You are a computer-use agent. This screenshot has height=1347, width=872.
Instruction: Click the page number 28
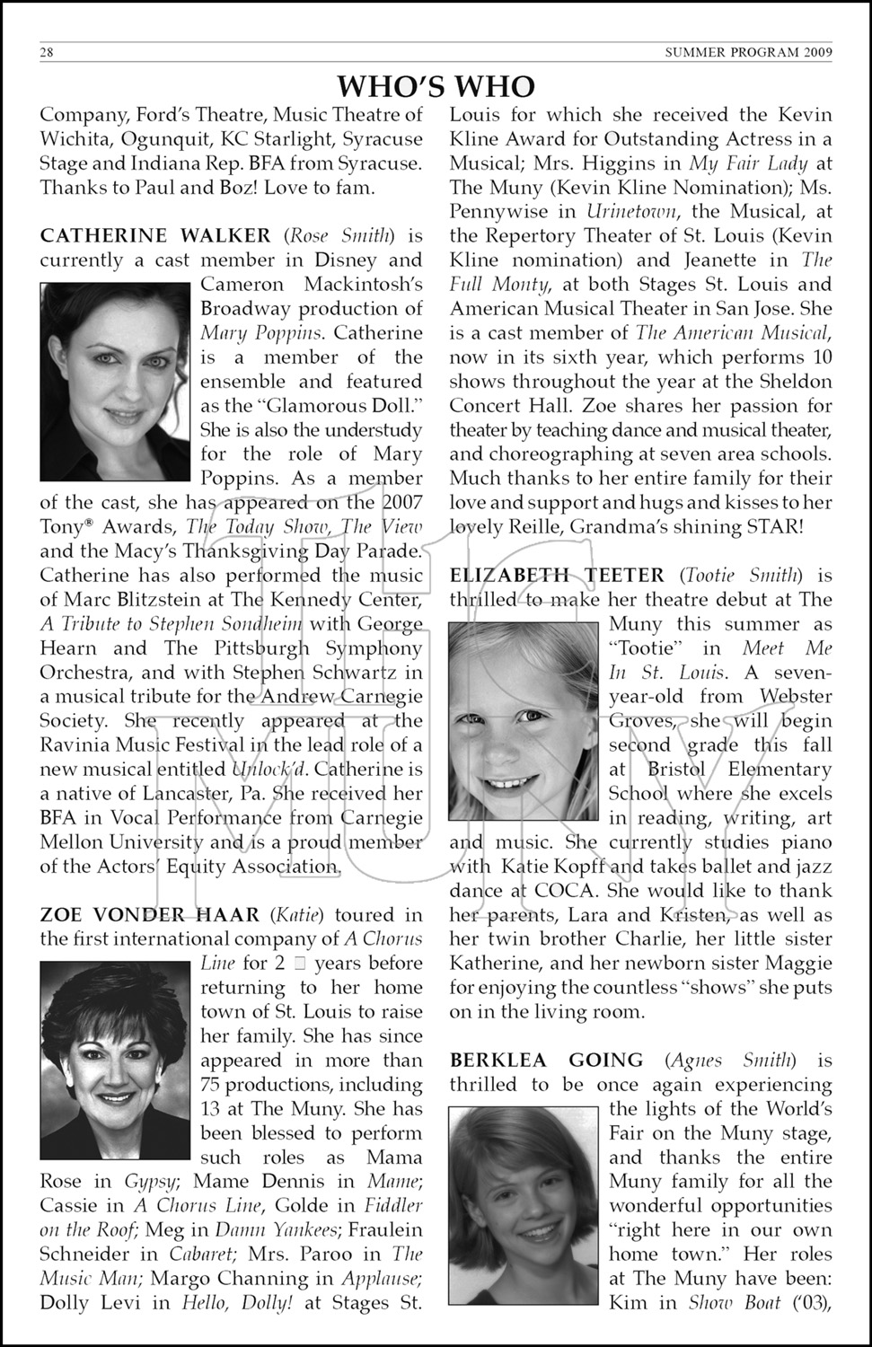(47, 52)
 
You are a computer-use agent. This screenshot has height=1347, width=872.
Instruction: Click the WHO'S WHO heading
(436, 86)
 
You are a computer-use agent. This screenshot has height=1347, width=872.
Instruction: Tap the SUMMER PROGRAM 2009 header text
(748, 52)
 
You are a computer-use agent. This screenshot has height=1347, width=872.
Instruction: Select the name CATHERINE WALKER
(155, 236)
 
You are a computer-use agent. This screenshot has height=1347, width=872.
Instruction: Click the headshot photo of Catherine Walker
(116, 382)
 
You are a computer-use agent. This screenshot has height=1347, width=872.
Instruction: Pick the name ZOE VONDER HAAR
(150, 915)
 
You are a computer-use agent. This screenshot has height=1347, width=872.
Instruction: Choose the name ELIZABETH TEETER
(557, 576)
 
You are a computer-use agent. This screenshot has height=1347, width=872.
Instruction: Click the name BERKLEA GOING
(547, 1061)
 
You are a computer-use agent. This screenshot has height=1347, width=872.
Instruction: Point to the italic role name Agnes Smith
(735, 1061)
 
